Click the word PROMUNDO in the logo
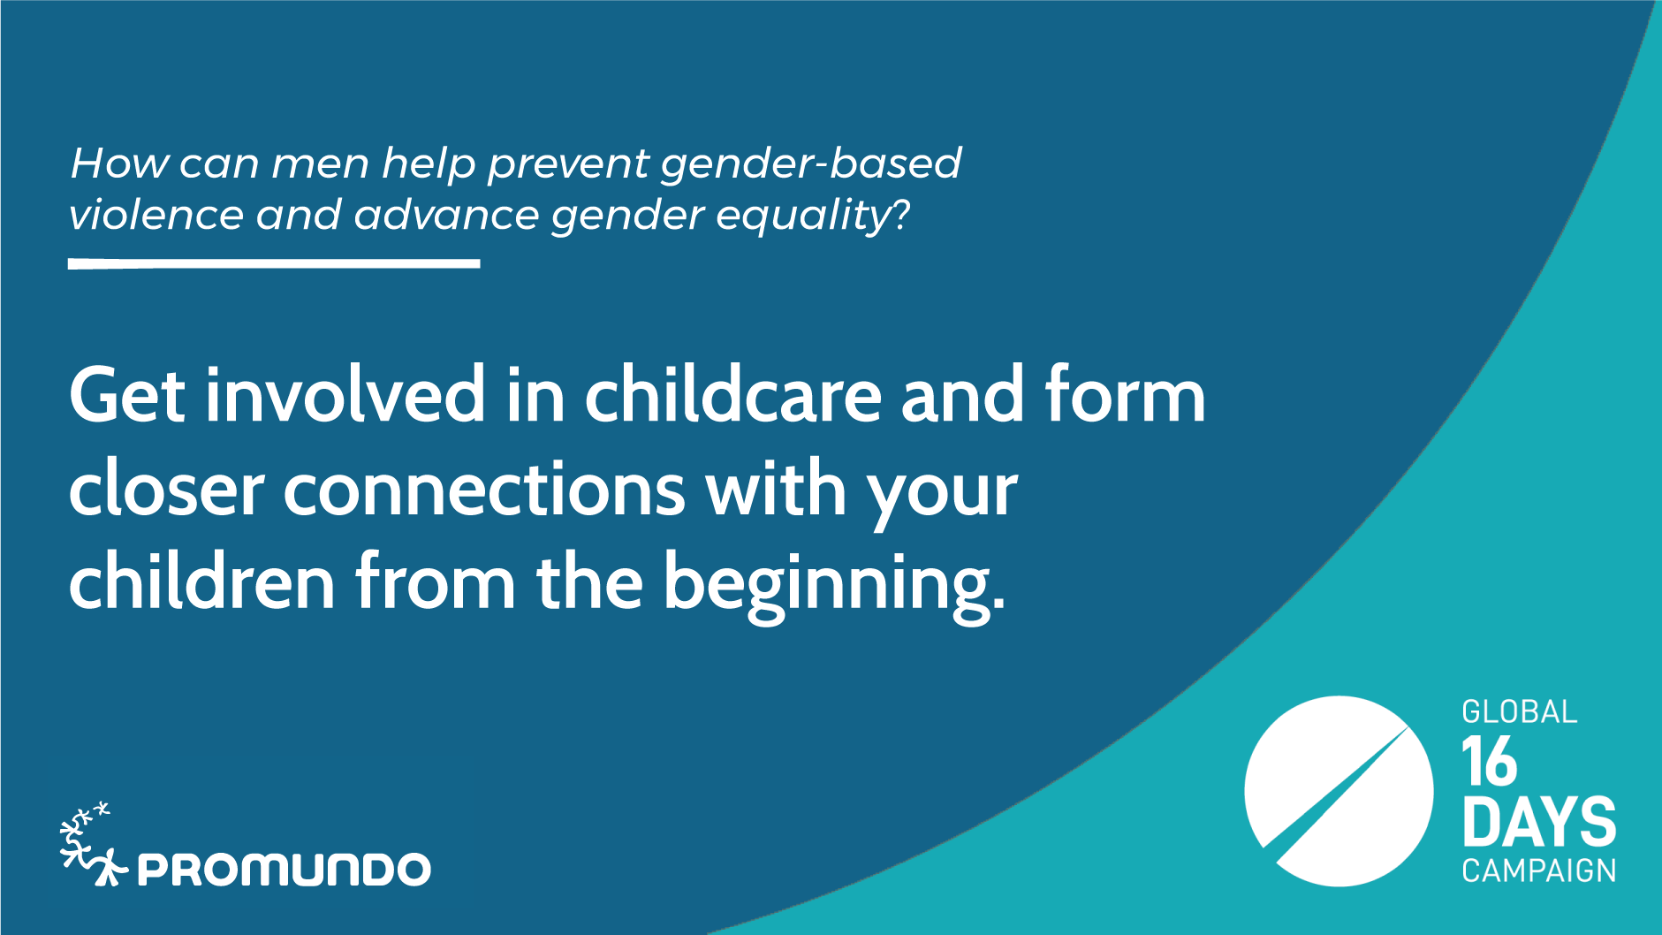tap(284, 870)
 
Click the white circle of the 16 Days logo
tap(1338, 791)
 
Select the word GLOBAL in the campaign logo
tap(1519, 711)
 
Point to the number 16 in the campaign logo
tap(1489, 761)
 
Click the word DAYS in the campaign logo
tap(1538, 821)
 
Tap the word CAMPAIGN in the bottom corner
tap(1538, 870)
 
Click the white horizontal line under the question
tap(274, 263)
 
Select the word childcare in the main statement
tap(733, 394)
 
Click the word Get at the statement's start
tap(127, 396)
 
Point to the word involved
tap(345, 394)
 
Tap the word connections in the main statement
tap(484, 490)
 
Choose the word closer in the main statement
tap(166, 489)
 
